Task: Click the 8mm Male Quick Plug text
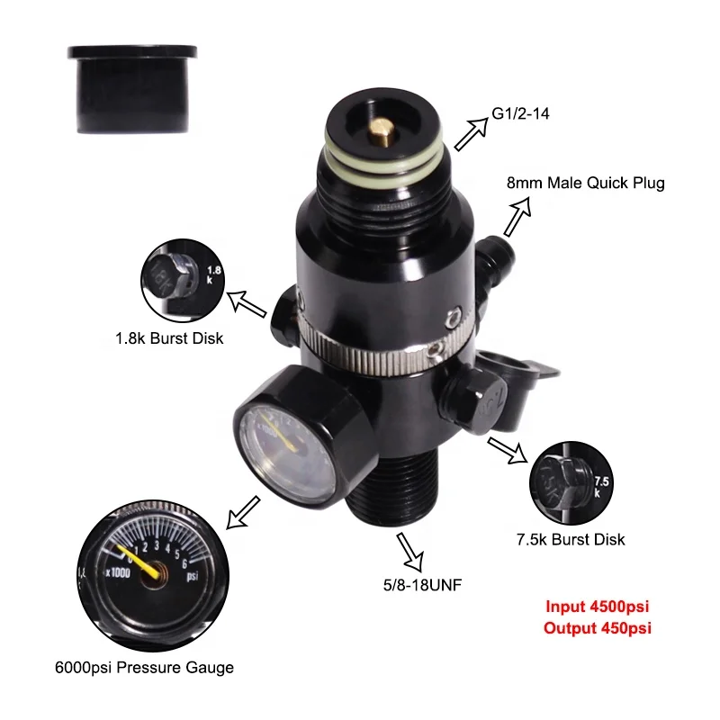586,184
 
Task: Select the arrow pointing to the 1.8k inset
247,302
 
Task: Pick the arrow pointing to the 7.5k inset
508,449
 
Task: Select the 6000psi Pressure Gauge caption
144,667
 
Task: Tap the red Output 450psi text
597,627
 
